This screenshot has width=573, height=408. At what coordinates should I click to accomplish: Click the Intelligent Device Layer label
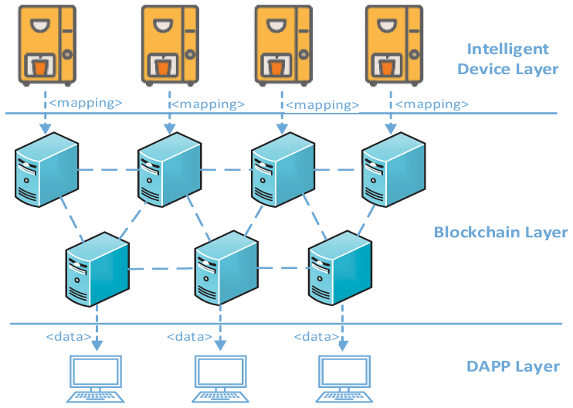coord(507,59)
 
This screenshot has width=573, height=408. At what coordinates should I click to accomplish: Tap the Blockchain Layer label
coord(501,233)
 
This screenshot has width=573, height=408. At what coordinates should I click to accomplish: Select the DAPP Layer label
coord(513,366)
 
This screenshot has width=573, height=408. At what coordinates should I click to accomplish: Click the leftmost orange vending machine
coord(47,44)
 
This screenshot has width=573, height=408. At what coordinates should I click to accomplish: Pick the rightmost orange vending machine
coord(394,44)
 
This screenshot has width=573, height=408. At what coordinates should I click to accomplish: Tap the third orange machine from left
coord(283,44)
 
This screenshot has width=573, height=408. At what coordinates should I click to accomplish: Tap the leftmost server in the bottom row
coord(96,266)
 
